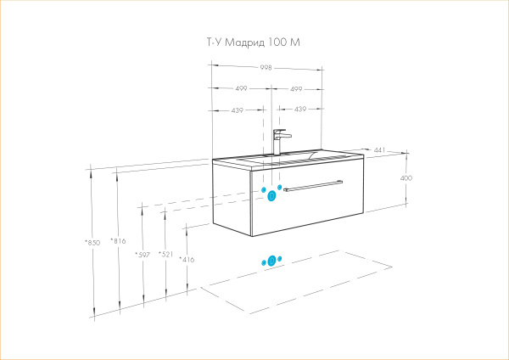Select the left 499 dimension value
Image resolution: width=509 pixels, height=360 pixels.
point(240,88)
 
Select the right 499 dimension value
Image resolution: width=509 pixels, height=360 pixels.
point(297,88)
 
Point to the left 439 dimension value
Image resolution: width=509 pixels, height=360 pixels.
point(238,109)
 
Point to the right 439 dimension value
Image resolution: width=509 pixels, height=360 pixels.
point(299,109)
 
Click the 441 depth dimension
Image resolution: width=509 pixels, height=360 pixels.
point(380,150)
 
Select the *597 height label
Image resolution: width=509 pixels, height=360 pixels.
point(143,254)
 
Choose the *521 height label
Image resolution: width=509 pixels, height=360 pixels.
point(165,254)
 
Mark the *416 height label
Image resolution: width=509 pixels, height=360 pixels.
point(187,259)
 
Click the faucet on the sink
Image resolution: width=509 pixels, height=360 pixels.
point(279,140)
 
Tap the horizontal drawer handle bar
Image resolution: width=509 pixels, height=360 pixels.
point(312,183)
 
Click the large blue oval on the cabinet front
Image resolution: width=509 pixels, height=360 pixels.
point(271,196)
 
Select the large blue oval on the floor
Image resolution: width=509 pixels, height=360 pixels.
point(272,261)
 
